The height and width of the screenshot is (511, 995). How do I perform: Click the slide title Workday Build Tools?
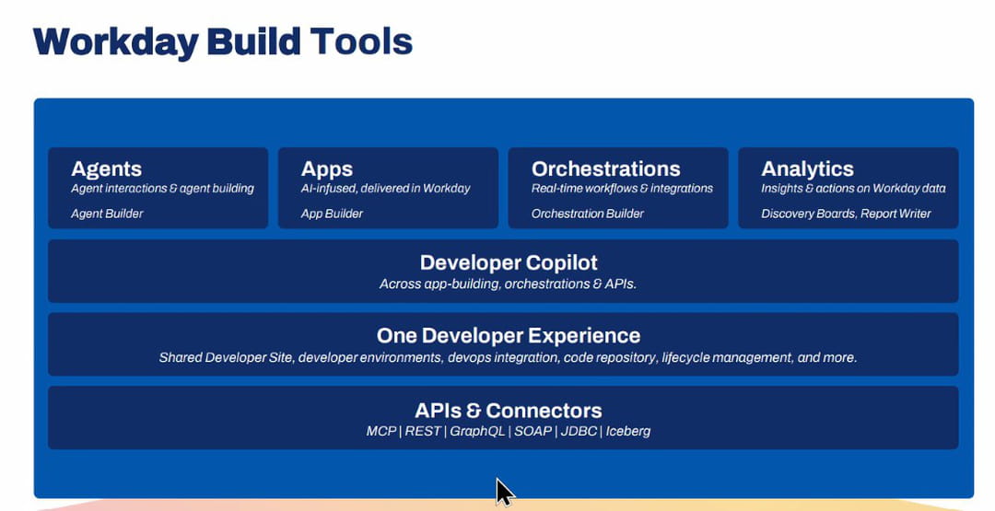[223, 42]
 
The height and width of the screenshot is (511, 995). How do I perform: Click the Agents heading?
[107, 169]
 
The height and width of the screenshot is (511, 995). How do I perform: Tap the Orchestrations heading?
[606, 168]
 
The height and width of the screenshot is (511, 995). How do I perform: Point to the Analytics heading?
[807, 169]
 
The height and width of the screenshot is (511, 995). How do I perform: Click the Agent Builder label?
[107, 214]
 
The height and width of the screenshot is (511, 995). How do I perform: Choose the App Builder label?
[332, 214]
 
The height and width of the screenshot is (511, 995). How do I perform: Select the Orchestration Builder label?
[588, 214]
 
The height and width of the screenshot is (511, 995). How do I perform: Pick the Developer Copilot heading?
[509, 263]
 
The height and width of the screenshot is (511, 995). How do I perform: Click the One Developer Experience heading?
[509, 336]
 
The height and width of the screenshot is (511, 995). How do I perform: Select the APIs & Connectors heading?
[509, 411]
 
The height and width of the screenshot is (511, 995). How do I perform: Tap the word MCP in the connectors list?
[381, 431]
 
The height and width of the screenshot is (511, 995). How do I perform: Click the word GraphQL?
[477, 431]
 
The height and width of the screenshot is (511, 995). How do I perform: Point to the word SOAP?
[533, 431]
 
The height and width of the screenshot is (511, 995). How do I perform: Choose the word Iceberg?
[628, 431]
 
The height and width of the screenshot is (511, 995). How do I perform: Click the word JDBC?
[579, 431]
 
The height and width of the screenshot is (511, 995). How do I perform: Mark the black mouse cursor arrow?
[504, 492]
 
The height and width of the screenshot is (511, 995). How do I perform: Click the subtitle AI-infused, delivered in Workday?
[386, 189]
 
